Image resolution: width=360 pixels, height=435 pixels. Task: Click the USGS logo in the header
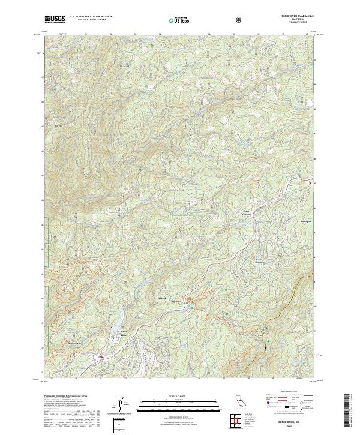(55, 20)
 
